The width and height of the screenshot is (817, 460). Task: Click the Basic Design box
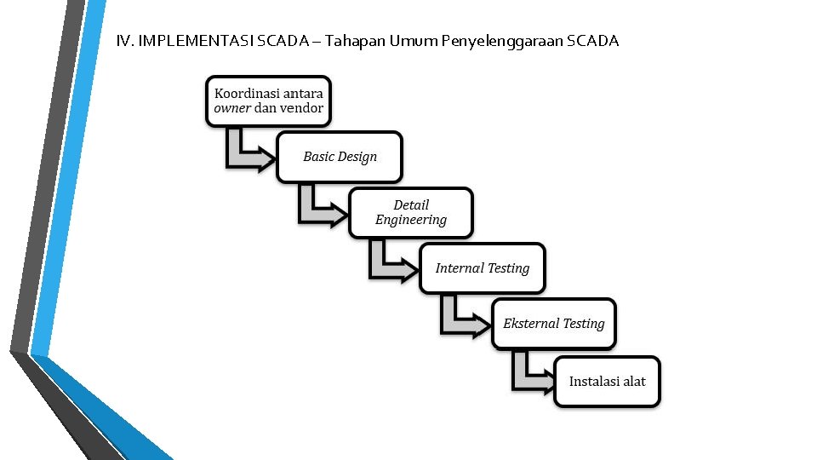(340, 157)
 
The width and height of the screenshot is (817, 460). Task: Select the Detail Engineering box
(411, 212)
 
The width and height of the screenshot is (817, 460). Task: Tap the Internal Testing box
(483, 268)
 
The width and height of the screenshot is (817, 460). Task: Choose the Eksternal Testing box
(554, 324)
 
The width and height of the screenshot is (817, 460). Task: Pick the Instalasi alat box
(608, 381)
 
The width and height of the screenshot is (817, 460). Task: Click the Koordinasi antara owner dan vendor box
(269, 101)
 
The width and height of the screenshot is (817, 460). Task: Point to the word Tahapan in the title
(357, 41)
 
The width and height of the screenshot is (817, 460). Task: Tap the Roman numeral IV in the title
(124, 41)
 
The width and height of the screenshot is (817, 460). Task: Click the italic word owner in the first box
(232, 108)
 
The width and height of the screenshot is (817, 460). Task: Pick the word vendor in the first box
(301, 108)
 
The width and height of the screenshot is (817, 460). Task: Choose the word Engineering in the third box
(411, 221)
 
